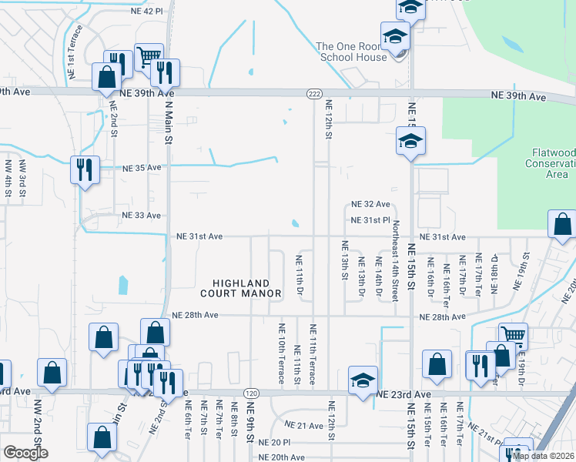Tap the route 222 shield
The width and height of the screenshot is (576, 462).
[x=314, y=93]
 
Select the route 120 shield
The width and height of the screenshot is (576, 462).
[x=250, y=393]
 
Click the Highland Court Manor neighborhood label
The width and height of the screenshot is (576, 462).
[x=236, y=288]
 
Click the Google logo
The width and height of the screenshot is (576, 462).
[x=25, y=452]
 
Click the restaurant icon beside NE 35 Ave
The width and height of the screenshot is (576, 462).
[x=85, y=169]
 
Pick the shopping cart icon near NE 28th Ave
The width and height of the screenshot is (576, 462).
[x=512, y=335]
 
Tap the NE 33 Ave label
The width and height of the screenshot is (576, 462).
[x=142, y=216]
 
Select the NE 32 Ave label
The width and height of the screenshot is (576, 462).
[x=370, y=205]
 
